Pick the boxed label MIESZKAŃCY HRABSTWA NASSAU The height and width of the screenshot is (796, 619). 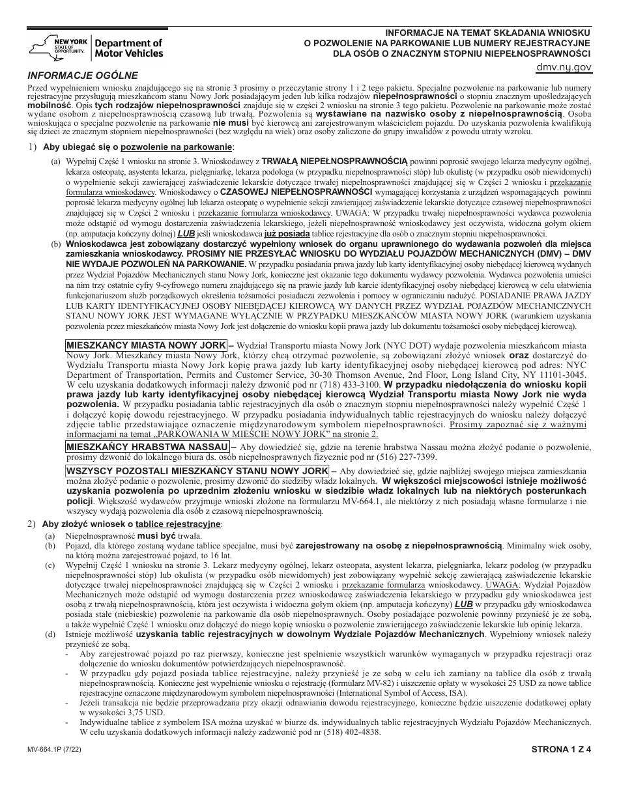(x=147, y=447)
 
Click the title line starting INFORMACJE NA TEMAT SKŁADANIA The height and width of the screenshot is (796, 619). (x=485, y=32)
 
